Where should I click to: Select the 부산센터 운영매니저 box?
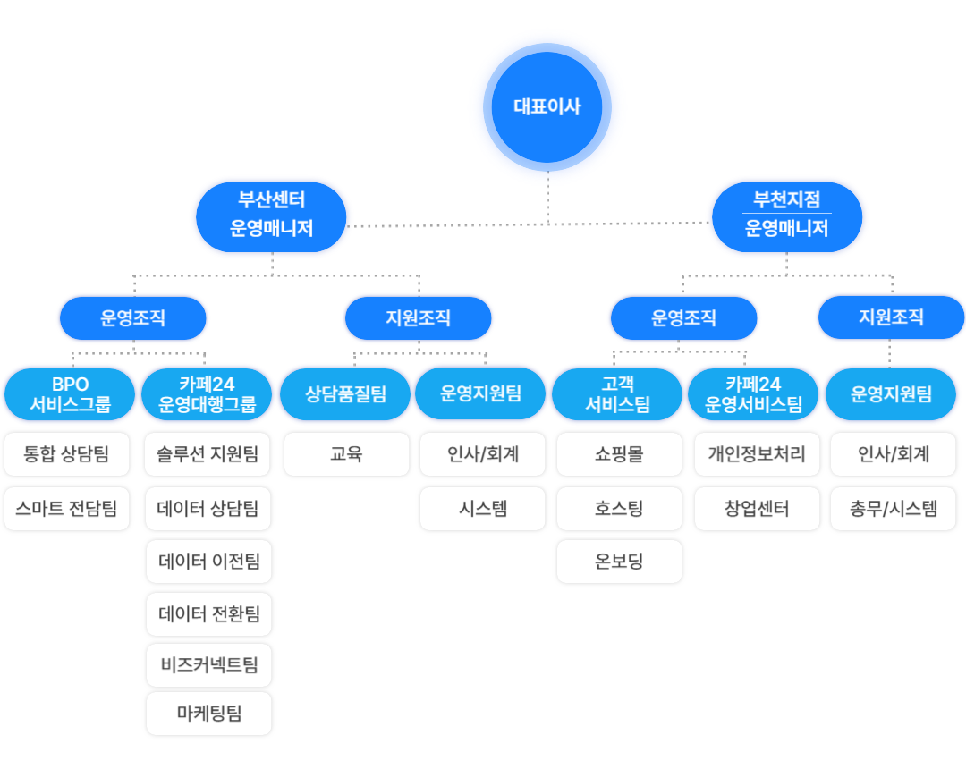[271, 215]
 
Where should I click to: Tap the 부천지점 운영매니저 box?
[787, 215]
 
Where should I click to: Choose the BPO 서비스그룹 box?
[70, 394]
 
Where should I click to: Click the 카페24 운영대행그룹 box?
[207, 394]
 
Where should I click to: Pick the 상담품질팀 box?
[346, 394]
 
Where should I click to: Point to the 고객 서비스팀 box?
[617, 394]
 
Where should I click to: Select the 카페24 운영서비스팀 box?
[753, 394]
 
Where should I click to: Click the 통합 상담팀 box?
[67, 454]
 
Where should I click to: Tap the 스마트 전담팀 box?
[67, 509]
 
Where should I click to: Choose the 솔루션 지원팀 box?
[208, 454]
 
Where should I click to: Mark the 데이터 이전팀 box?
[209, 562]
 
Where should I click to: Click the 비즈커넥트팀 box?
[209, 665]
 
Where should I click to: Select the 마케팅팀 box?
[209, 714]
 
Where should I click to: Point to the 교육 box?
[346, 454]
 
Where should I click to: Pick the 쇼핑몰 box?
[619, 454]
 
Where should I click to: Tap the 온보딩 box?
[619, 562]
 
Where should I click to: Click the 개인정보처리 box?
[757, 454]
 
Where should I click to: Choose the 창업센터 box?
[757, 509]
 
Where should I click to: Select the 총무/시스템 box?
[894, 509]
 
